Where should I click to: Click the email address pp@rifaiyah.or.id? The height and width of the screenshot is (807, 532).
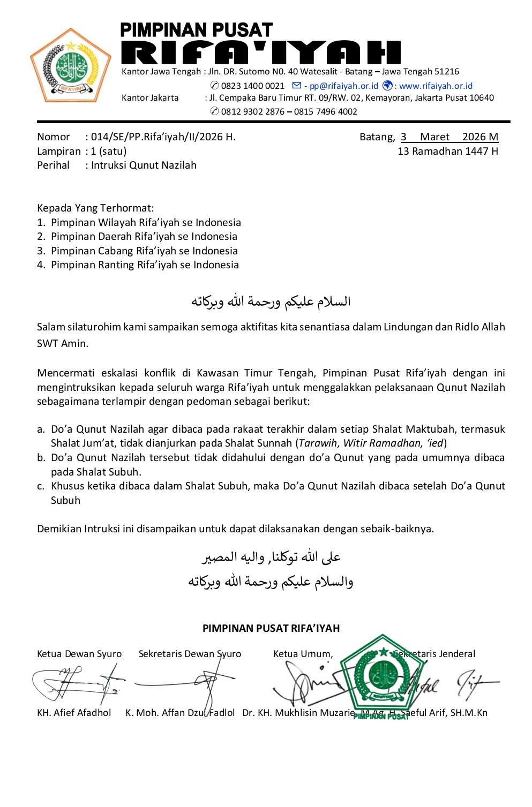343,86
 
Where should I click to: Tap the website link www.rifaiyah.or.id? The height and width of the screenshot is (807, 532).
436,86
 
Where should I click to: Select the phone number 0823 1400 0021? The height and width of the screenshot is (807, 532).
252,86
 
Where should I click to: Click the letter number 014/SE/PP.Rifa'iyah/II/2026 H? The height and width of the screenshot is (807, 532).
163,137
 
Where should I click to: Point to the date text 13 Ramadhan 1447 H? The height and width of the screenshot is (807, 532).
447,152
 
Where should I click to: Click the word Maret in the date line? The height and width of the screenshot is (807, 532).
434,137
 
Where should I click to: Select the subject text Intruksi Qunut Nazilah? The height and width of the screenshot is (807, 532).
144,165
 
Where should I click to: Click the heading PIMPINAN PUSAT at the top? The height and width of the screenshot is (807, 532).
196,30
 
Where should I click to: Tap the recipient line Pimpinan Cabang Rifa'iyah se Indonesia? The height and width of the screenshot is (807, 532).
144,251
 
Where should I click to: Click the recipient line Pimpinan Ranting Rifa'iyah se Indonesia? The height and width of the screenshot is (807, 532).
145,265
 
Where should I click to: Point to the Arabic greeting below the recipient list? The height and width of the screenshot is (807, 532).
271,302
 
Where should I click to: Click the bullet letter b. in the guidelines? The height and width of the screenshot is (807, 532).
41,458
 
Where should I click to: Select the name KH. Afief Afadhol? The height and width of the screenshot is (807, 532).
74,713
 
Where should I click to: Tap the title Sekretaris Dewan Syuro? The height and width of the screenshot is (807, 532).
190,654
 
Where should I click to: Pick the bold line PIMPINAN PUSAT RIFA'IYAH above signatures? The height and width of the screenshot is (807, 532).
271,629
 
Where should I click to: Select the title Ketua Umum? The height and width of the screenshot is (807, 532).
303,654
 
